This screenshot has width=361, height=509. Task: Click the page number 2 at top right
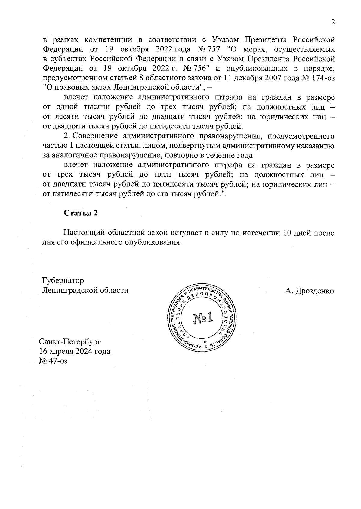point(332,23)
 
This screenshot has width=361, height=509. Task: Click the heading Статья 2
point(81,213)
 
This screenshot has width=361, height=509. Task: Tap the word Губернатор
point(63,281)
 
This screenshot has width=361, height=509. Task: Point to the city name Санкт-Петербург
point(70,342)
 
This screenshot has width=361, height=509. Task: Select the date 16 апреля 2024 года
point(75,351)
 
